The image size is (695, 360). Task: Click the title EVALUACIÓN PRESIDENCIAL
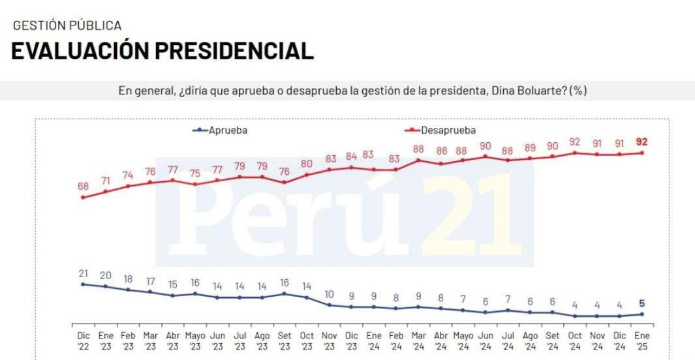(x=162, y=51)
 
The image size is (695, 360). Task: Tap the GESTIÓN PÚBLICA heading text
(x=67, y=25)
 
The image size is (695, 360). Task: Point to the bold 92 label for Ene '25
(x=642, y=142)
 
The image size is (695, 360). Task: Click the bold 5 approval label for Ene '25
(x=642, y=303)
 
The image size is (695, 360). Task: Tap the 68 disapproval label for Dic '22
(x=83, y=187)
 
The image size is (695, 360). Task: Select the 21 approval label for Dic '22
(x=83, y=273)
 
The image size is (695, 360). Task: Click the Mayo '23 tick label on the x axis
(x=195, y=341)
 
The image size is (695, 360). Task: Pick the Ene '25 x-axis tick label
(x=642, y=341)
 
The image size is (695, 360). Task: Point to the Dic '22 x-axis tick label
(x=83, y=341)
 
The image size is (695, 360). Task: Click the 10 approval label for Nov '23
(x=329, y=293)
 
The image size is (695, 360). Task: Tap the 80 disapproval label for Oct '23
(x=306, y=164)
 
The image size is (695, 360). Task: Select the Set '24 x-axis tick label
(x=553, y=341)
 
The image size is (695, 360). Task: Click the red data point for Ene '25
(x=642, y=153)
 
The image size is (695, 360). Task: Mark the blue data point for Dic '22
(x=83, y=284)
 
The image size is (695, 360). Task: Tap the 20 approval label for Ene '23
(x=105, y=275)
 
